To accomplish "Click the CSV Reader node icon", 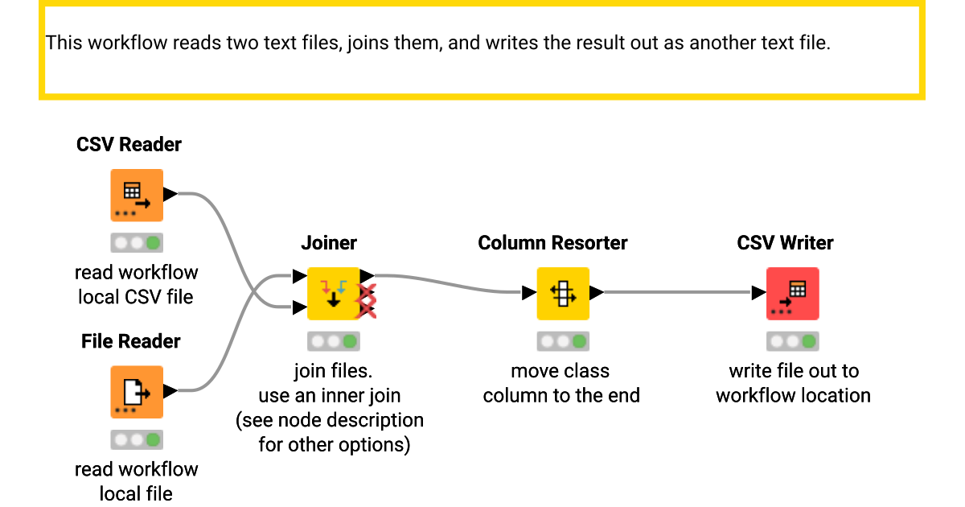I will pyautogui.click(x=136, y=195).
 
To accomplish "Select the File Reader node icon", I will pyautogui.click(x=136, y=392).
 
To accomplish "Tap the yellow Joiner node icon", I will pyautogui.click(x=333, y=294).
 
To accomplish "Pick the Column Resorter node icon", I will pyautogui.click(x=563, y=294).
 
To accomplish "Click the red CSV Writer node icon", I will pyautogui.click(x=792, y=294).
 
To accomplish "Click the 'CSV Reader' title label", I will pyautogui.click(x=129, y=145).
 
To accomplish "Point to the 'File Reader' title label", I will pyautogui.click(x=131, y=341).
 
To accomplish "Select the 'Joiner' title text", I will pyautogui.click(x=329, y=243).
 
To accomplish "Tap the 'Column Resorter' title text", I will pyautogui.click(x=552, y=243).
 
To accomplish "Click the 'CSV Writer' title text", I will pyautogui.click(x=785, y=243).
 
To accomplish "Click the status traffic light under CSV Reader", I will pyautogui.click(x=136, y=242).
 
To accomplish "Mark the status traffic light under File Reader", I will pyautogui.click(x=136, y=439).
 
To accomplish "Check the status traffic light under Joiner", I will pyautogui.click(x=333, y=341).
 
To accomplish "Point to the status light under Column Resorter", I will pyautogui.click(x=563, y=341).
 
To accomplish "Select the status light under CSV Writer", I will pyautogui.click(x=792, y=341).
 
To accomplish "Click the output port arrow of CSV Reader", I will pyautogui.click(x=170, y=194).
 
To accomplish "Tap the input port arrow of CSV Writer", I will pyautogui.click(x=758, y=293).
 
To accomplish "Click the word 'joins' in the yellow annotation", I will pyautogui.click(x=375, y=43).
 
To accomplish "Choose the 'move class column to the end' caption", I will pyautogui.click(x=561, y=383).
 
